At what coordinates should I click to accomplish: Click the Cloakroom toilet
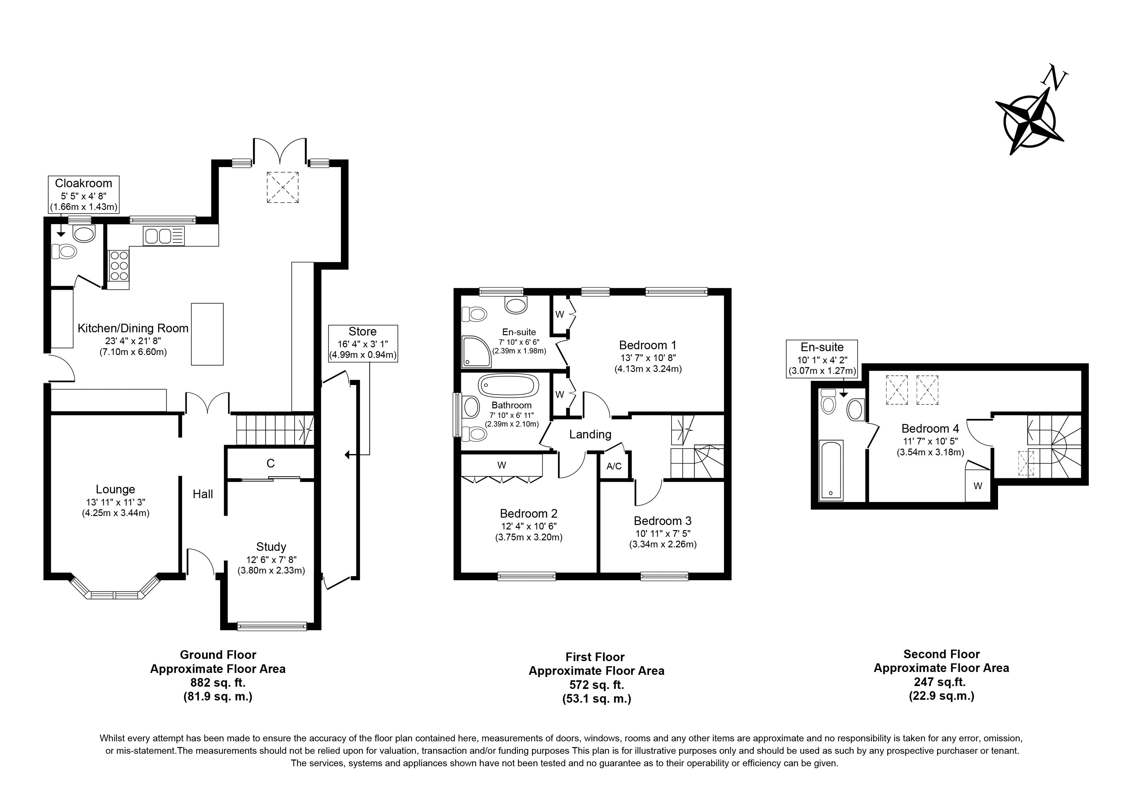64,252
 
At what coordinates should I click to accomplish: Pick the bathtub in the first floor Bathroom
508,386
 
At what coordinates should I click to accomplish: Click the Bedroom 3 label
663,521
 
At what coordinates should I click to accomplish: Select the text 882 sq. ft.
218,683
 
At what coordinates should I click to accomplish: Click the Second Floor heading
941,654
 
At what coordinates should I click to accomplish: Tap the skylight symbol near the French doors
282,187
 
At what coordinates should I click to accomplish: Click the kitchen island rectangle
207,334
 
